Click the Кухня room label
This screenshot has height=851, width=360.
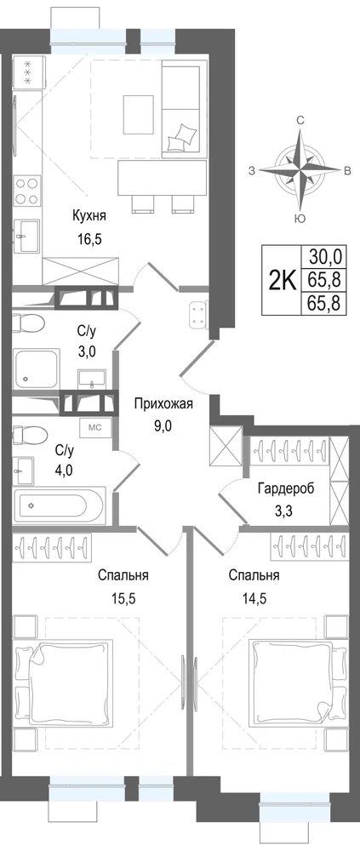(x=89, y=216)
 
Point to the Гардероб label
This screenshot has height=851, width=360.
(x=286, y=488)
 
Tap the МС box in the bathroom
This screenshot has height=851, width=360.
(x=95, y=427)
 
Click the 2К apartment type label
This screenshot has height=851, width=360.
(x=283, y=281)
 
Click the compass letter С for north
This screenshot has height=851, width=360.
(x=300, y=121)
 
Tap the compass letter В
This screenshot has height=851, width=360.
(x=347, y=172)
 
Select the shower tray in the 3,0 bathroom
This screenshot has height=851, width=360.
(x=36, y=368)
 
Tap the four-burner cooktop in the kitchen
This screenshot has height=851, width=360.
(x=27, y=191)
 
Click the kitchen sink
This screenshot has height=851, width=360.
(x=27, y=236)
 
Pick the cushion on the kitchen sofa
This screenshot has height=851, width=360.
(x=181, y=137)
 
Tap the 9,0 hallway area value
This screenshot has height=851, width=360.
(x=163, y=425)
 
